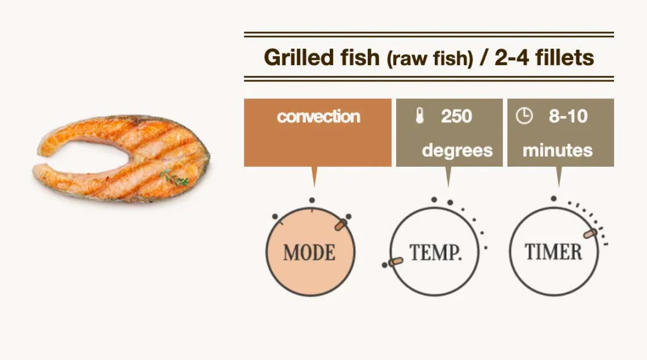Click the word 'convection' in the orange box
pyautogui.click(x=318, y=117)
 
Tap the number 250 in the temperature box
pyautogui.click(x=456, y=117)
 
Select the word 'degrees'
pyautogui.click(x=457, y=150)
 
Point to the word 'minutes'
pyautogui.click(x=557, y=150)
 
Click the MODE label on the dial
pyautogui.click(x=309, y=253)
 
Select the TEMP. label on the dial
pyautogui.click(x=435, y=253)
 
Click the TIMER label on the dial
pyautogui.click(x=553, y=252)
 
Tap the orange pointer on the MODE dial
pyautogui.click(x=341, y=225)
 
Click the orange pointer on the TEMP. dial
pyautogui.click(x=396, y=261)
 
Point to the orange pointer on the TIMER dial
pyautogui.click(x=590, y=234)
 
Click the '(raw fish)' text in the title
pyautogui.click(x=430, y=59)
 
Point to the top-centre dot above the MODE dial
pyautogui.click(x=311, y=200)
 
